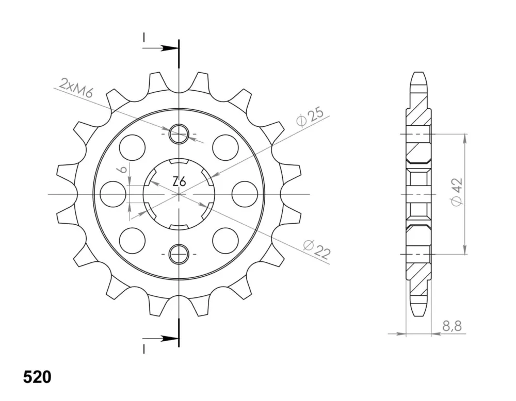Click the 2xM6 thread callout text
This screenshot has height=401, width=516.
pyautogui.click(x=76, y=89)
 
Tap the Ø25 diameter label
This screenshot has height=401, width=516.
pyautogui.click(x=310, y=116)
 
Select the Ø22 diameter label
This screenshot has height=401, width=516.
pyautogui.click(x=317, y=250)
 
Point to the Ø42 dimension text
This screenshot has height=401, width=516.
pyautogui.click(x=457, y=192)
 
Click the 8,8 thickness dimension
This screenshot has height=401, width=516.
pyautogui.click(x=452, y=326)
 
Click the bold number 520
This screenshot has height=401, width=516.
pyautogui.click(x=37, y=377)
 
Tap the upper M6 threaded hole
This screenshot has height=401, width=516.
pyautogui.click(x=179, y=134)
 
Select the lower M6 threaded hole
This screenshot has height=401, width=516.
pyautogui.click(x=179, y=254)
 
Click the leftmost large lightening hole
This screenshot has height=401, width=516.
pyautogui.click(x=112, y=194)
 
